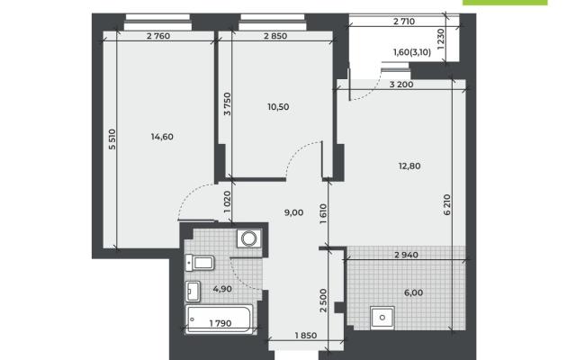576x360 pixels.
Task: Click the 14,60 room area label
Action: [x=162, y=137]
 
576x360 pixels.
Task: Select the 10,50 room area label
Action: [x=278, y=107]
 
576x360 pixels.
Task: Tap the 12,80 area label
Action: [x=409, y=166]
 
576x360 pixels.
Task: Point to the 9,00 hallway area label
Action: [x=294, y=212]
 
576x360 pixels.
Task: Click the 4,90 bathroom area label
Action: [x=222, y=289]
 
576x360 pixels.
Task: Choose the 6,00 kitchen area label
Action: [x=414, y=292]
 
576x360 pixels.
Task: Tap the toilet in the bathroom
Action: [x=200, y=263]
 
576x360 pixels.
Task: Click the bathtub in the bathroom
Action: [x=220, y=319]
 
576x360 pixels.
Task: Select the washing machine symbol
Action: [x=249, y=238]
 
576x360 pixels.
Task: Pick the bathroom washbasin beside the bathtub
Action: [x=193, y=292]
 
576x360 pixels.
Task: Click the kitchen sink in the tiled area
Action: [x=382, y=318]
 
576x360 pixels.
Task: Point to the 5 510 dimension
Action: [x=112, y=139]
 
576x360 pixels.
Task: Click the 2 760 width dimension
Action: [x=158, y=36]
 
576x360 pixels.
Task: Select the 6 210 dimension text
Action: [x=447, y=204]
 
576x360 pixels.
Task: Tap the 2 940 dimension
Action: [x=406, y=255]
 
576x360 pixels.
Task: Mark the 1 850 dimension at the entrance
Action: [x=306, y=336]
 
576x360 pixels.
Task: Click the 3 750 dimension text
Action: [x=228, y=104]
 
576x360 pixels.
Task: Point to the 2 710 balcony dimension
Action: [x=404, y=22]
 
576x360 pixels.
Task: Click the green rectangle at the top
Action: [x=505, y=2]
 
